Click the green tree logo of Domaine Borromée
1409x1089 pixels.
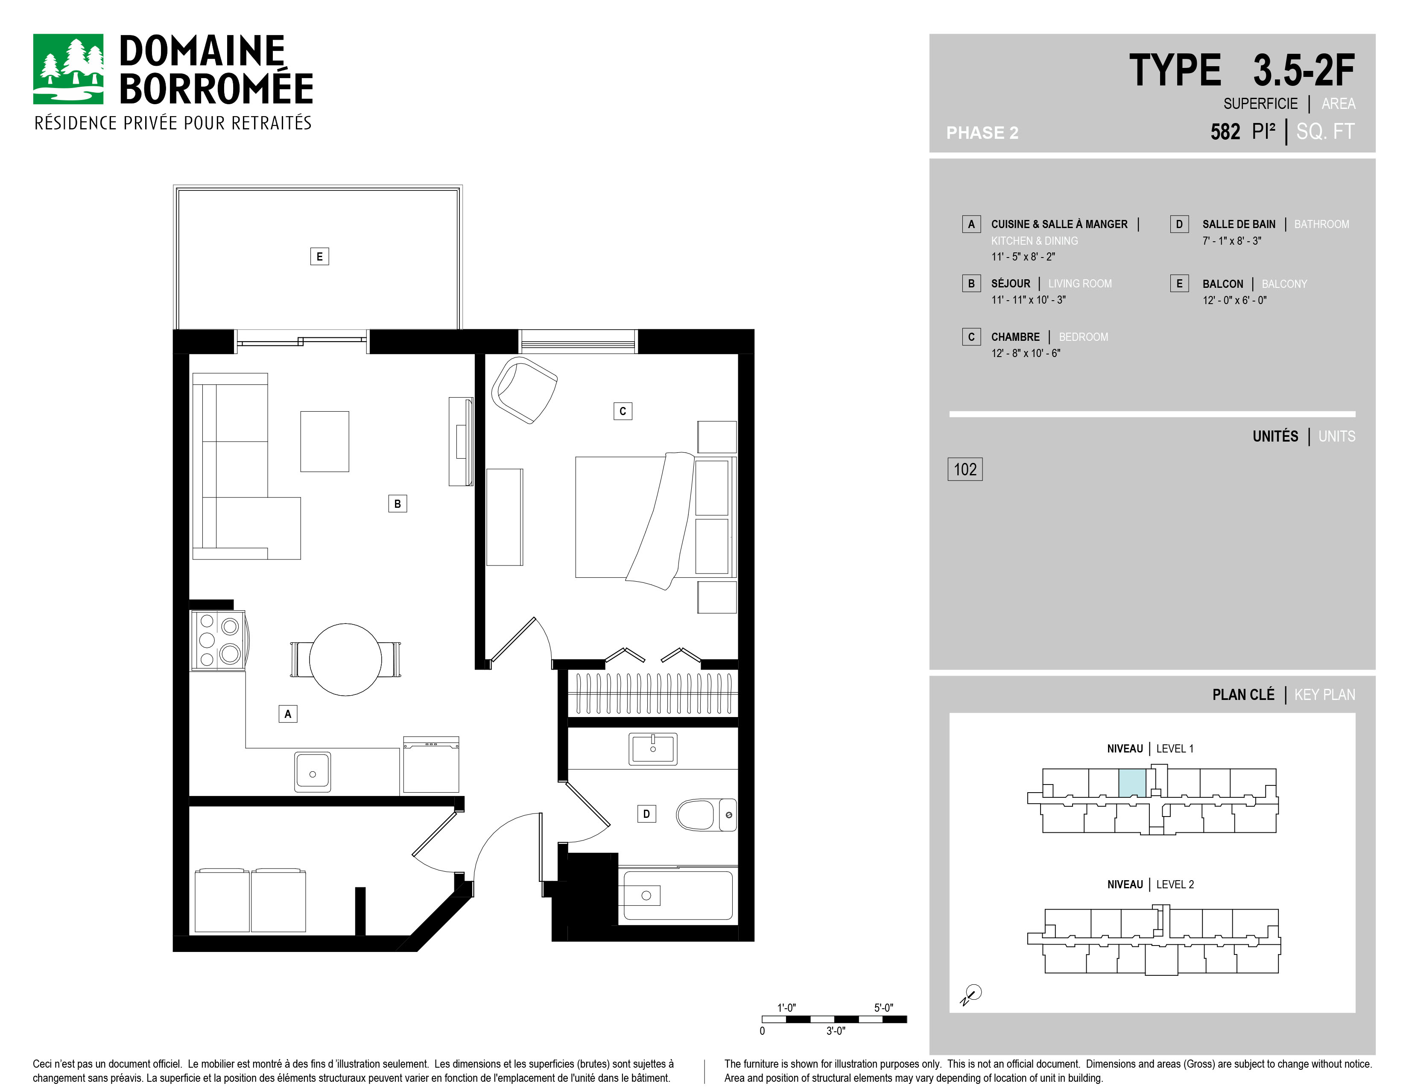coord(68,69)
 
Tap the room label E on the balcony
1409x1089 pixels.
coord(319,257)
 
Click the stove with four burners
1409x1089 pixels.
coord(217,640)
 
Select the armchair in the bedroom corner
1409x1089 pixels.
coord(524,390)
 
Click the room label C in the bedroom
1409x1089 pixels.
coord(623,411)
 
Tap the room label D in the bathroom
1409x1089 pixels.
coord(646,814)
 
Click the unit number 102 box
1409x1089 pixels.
coord(965,469)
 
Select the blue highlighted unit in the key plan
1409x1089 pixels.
coord(1132,783)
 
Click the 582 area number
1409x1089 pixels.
coord(1225,132)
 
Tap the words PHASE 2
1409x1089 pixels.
coord(982,133)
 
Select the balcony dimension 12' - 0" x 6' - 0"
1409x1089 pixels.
coord(1234,300)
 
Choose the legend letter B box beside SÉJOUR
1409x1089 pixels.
coord(971,283)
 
